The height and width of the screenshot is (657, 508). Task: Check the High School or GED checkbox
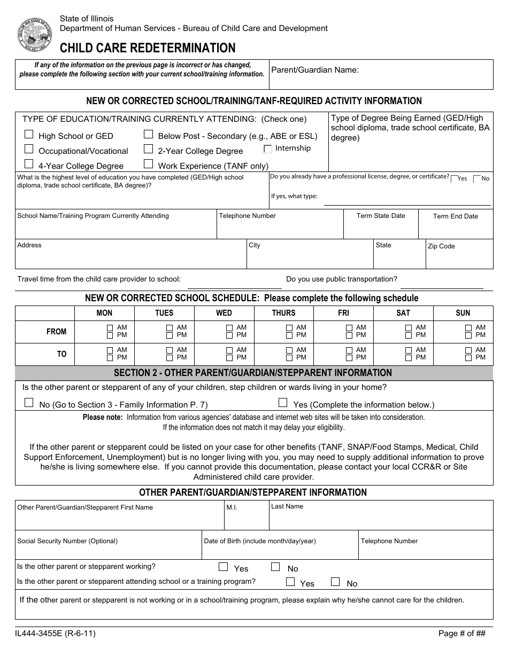[29, 135]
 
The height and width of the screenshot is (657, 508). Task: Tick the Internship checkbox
[268, 149]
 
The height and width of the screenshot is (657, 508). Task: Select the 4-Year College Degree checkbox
[29, 165]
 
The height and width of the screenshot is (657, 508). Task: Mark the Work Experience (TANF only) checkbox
[149, 165]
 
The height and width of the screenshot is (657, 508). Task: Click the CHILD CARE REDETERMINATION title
[148, 48]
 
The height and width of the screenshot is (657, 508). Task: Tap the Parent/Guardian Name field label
[315, 70]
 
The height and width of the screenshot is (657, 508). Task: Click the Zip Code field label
[441, 246]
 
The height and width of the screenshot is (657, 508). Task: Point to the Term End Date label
[456, 216]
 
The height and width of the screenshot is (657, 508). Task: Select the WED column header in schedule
[224, 313]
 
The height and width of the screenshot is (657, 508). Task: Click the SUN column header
[463, 313]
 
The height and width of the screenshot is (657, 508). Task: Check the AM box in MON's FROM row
[110, 328]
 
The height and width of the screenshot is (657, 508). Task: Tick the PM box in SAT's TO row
[409, 358]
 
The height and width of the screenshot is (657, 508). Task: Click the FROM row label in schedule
[57, 332]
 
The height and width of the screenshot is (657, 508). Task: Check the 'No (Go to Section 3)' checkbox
[29, 403]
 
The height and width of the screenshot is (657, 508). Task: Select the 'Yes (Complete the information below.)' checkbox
[283, 403]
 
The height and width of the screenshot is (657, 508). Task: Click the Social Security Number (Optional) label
[67, 541]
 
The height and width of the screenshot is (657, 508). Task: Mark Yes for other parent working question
[224, 567]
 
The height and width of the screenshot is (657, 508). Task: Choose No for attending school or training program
[335, 582]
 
